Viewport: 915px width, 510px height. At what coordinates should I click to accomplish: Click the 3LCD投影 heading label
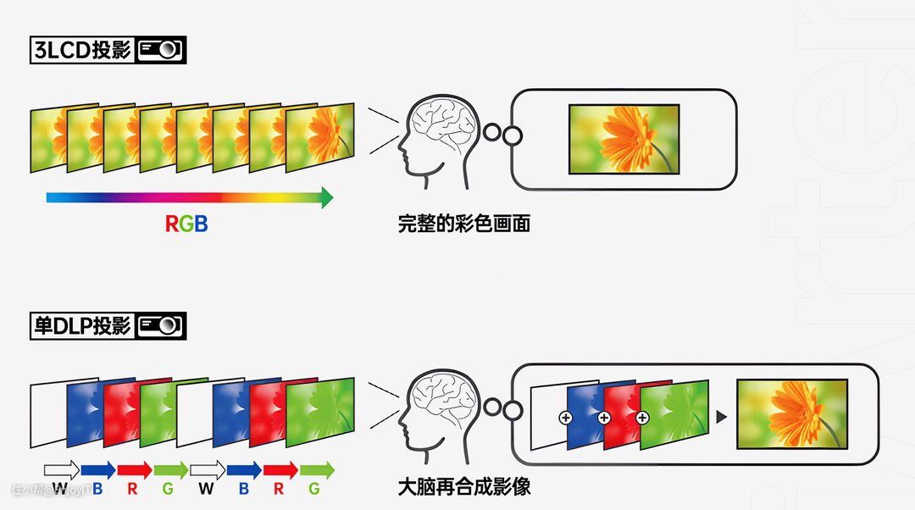(x=82, y=50)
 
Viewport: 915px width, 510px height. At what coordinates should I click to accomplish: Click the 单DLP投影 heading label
(x=82, y=325)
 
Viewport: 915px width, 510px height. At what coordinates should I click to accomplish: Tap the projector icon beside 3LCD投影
(x=161, y=50)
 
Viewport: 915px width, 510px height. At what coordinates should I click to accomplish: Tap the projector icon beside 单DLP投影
(x=161, y=325)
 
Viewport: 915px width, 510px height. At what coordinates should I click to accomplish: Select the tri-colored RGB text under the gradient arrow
(x=186, y=225)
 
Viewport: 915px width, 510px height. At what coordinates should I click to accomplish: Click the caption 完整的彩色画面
(x=463, y=225)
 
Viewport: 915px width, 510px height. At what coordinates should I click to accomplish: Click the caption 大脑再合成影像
(x=463, y=487)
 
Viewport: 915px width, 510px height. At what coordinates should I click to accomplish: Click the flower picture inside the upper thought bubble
(x=624, y=140)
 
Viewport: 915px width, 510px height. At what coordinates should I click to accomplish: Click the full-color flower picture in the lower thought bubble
(x=791, y=414)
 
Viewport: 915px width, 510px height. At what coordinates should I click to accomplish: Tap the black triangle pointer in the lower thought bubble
(x=722, y=417)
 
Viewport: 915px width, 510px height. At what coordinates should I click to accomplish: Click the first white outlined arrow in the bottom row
(x=61, y=469)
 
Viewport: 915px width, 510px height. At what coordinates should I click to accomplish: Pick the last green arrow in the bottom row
(x=316, y=469)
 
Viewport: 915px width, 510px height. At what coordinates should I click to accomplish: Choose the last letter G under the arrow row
(x=314, y=489)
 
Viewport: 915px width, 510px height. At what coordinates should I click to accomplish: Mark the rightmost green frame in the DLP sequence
(x=321, y=413)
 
